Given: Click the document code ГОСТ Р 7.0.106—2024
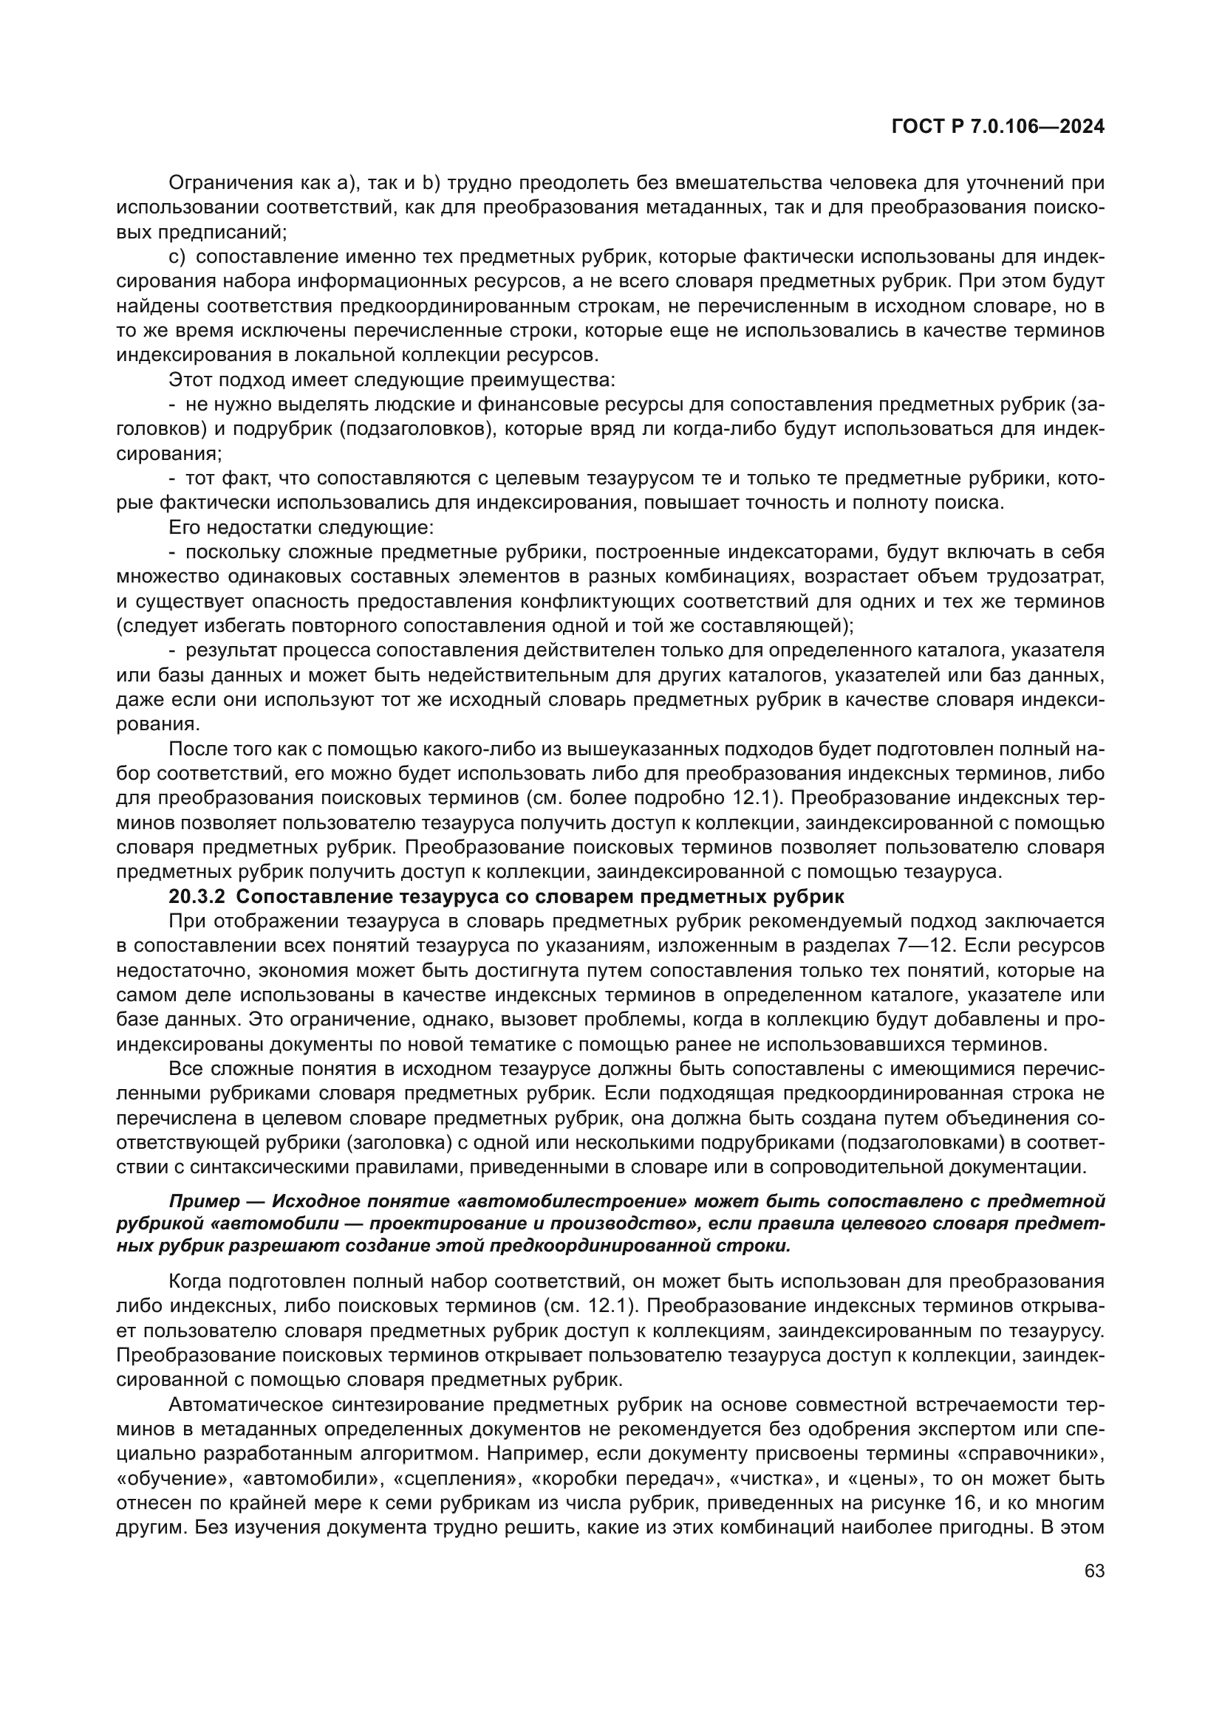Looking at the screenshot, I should click(997, 128).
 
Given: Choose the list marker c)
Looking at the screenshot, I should click(177, 257).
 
